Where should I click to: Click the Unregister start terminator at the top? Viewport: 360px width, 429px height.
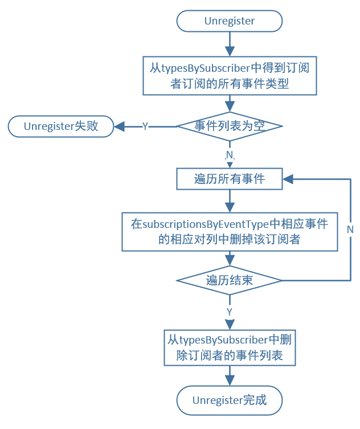tap(230, 21)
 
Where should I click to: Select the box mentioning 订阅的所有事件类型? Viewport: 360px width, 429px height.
tap(230, 76)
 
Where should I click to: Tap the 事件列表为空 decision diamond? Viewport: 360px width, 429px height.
tap(230, 126)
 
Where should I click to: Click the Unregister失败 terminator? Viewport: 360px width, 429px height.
tap(60, 126)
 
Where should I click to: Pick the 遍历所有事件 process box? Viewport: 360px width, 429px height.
tap(230, 179)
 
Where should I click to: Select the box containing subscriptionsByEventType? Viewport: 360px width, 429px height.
tap(230, 231)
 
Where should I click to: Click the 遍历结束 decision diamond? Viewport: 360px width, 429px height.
tap(230, 280)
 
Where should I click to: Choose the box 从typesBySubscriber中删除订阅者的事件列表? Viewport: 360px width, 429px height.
tap(230, 348)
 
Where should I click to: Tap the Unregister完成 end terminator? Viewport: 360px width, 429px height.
tap(230, 400)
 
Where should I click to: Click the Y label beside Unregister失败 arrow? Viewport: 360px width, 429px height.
tap(145, 126)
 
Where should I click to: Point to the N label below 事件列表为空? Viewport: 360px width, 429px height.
tap(230, 155)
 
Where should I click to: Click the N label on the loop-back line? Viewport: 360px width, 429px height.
tap(350, 229)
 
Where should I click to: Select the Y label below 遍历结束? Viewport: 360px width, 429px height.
tap(230, 312)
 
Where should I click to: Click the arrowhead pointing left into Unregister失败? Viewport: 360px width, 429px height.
tap(119, 126)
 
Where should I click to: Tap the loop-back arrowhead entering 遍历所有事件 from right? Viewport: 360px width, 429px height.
tap(288, 179)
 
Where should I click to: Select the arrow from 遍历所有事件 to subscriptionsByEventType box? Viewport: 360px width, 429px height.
tap(230, 201)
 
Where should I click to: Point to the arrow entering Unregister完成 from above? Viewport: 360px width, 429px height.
tap(230, 377)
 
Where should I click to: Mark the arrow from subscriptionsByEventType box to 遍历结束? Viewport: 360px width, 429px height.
tap(230, 259)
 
